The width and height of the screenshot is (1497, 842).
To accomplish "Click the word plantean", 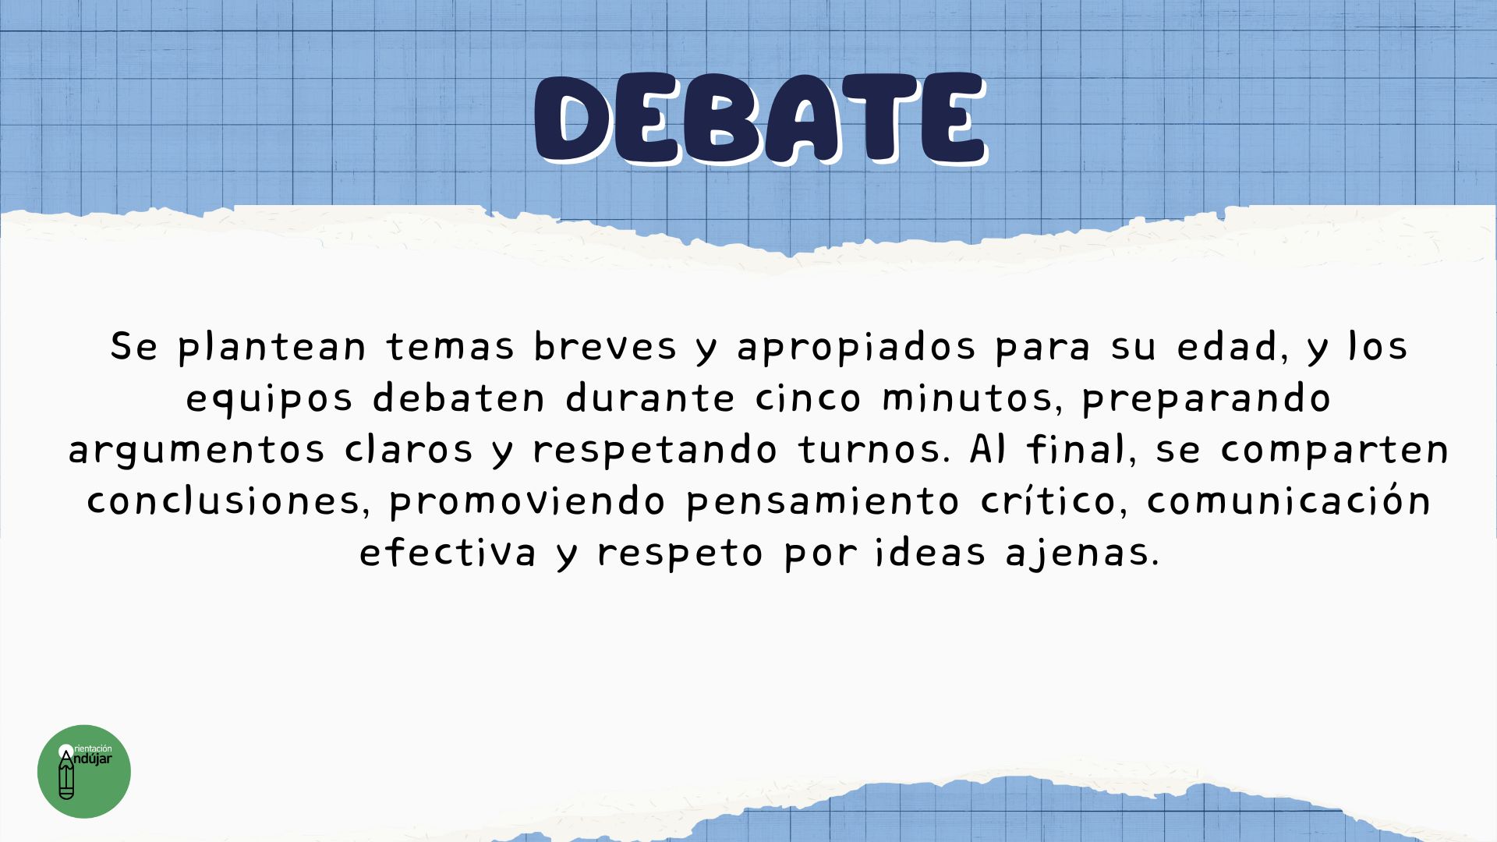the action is click(272, 347).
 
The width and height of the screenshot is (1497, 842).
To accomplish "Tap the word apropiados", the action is click(857, 347).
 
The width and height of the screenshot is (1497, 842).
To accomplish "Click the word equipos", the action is click(269, 399).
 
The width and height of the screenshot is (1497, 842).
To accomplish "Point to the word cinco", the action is click(808, 398).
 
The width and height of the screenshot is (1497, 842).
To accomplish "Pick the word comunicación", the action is click(1288, 500).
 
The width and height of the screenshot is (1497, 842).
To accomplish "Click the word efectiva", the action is click(448, 551).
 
